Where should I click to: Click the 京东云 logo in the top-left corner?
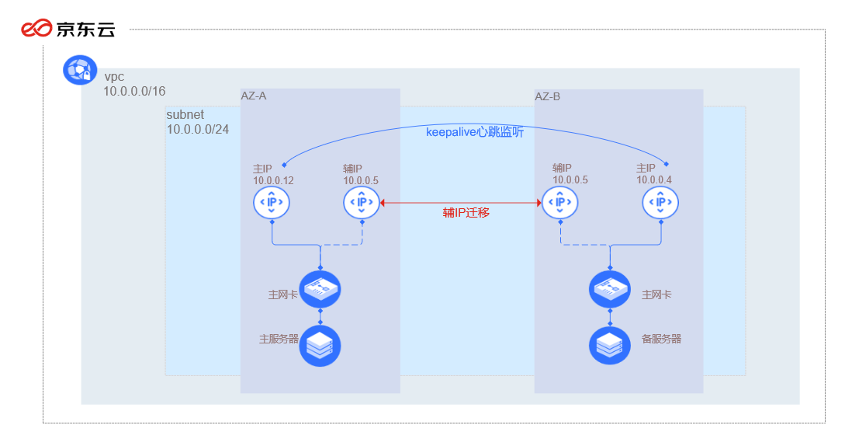(68, 30)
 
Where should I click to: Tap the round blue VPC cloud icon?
(79, 70)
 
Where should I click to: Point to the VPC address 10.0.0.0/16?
(134, 92)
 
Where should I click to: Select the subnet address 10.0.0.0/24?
(198, 129)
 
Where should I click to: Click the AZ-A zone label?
(253, 96)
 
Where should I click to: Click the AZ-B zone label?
(547, 96)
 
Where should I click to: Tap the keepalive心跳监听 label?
(474, 132)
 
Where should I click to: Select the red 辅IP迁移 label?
(466, 212)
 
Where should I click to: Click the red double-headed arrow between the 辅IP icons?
(460, 203)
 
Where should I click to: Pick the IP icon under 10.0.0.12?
(272, 203)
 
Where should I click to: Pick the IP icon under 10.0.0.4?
(660, 203)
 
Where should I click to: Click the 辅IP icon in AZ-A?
(362, 203)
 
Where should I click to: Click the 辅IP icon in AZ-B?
(559, 203)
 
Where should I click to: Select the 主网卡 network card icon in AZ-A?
(320, 290)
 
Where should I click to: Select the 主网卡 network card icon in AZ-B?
(609, 290)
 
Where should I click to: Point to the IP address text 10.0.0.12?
(273, 180)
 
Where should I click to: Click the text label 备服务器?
(661, 340)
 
